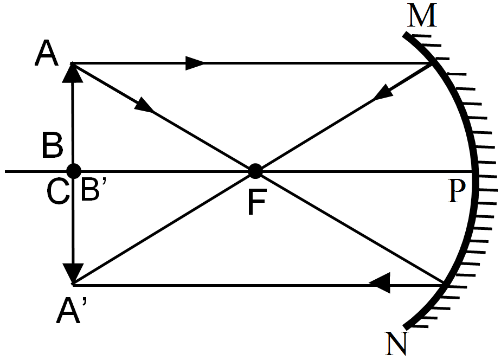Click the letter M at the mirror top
point(423,17)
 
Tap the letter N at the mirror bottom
point(396,343)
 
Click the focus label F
point(258,202)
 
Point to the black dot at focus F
point(255,172)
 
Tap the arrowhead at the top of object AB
point(73,73)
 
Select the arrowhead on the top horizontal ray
point(195,63)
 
